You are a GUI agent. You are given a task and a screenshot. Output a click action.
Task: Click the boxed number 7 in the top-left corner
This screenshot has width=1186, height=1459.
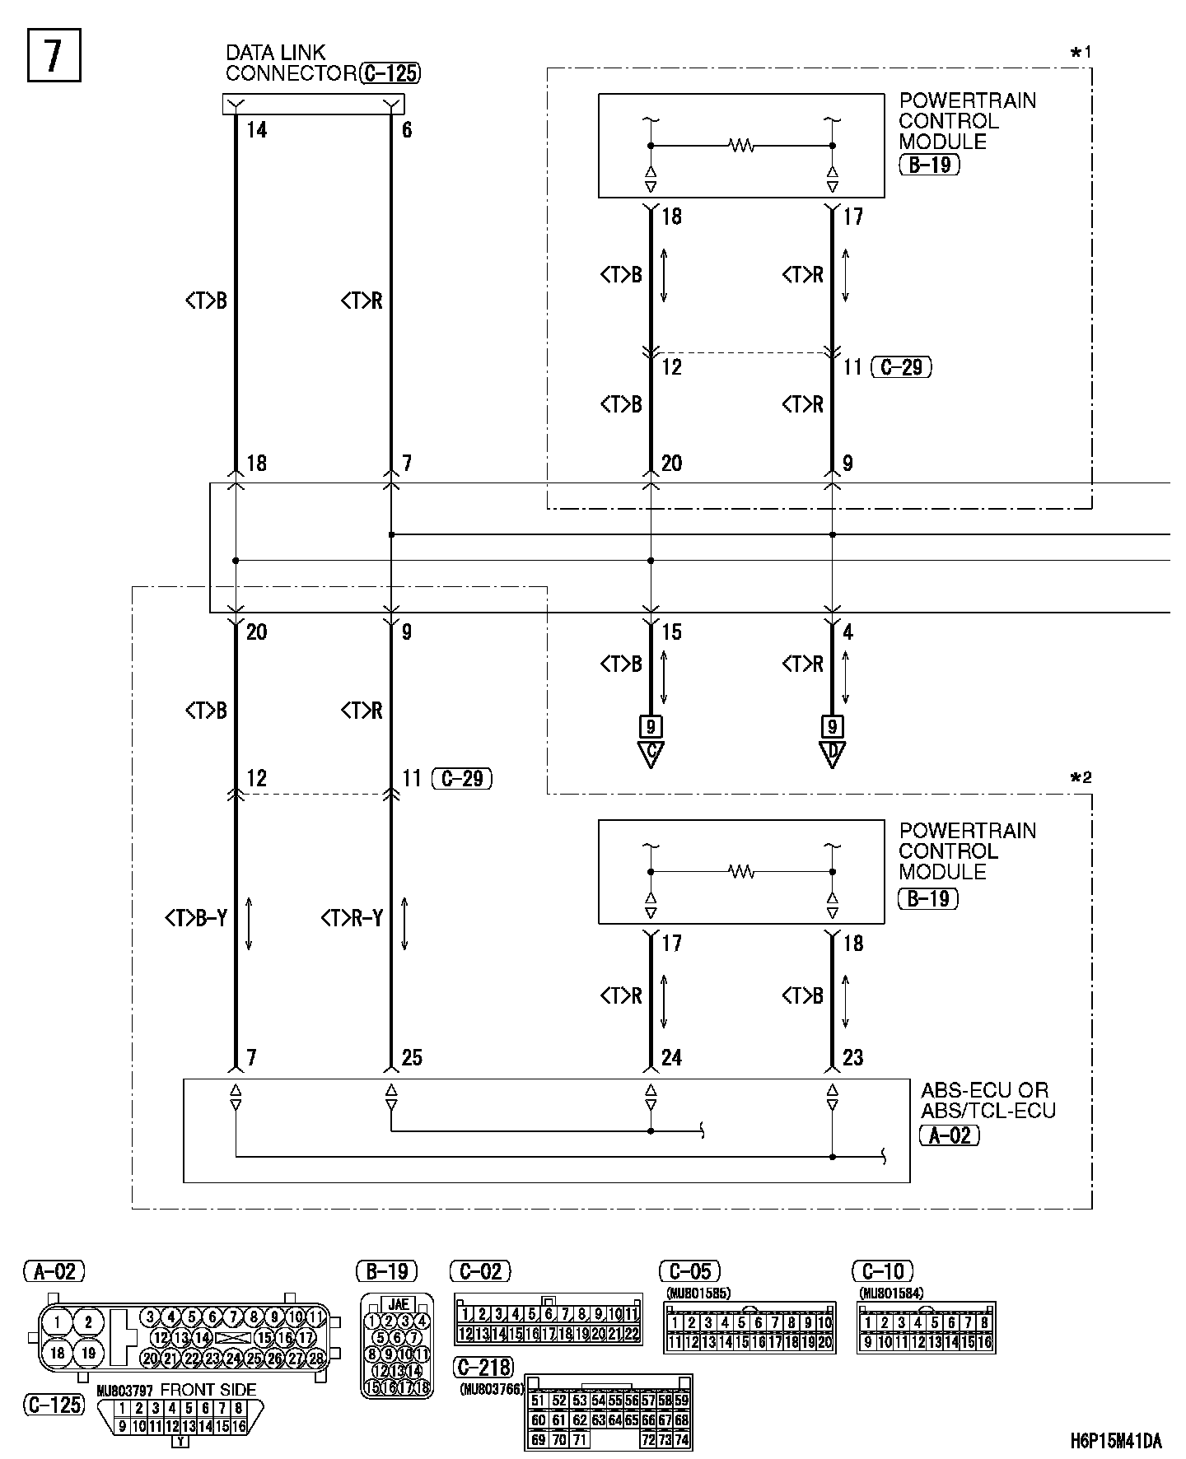54,56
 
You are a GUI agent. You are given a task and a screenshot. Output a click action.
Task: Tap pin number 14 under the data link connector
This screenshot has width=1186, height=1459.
257,130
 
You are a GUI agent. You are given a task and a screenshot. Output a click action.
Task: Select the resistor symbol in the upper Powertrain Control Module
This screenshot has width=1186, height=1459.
741,146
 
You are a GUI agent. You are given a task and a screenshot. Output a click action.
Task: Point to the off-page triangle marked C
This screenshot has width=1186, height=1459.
651,753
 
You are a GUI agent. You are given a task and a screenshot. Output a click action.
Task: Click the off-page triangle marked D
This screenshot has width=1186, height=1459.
832,753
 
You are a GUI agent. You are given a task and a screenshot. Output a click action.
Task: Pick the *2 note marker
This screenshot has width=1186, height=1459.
1080,778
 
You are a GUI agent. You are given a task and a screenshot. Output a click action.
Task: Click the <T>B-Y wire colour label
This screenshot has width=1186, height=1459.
196,918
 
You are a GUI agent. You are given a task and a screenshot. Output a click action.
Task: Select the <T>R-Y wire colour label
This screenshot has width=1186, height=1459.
353,918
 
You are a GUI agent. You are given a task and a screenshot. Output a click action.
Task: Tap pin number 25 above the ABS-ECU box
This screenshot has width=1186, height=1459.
412,1058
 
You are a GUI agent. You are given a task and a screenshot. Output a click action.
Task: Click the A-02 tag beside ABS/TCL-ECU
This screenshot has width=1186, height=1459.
949,1136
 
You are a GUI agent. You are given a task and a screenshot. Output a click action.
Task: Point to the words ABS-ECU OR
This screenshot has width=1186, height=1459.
984,1091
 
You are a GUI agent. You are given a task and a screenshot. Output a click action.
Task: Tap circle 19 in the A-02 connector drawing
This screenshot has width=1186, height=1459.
88,1352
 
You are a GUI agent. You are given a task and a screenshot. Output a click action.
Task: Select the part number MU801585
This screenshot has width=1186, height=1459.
698,1293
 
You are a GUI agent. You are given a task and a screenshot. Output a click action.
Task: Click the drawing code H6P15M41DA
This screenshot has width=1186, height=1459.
1116,1441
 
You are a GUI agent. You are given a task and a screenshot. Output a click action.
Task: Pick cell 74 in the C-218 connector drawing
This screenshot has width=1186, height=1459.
682,1440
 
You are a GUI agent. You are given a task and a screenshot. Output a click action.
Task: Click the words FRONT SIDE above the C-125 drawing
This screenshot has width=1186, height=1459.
208,1390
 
